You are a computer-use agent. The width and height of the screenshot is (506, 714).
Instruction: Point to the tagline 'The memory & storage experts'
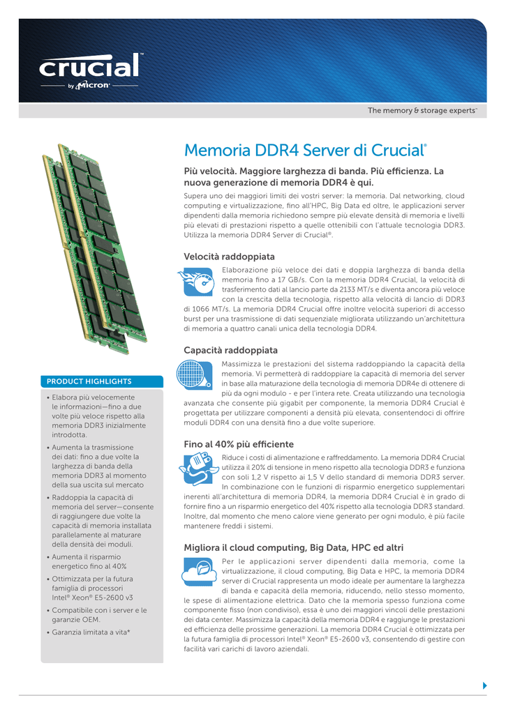coord(422,111)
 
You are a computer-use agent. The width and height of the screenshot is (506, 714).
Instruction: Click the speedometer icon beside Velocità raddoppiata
coord(199,284)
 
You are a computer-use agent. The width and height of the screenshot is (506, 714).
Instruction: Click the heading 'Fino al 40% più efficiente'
coord(239,444)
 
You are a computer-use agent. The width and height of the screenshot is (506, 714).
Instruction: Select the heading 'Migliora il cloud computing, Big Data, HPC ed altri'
coord(293,548)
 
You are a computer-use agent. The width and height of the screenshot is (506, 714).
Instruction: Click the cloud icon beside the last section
coord(198,572)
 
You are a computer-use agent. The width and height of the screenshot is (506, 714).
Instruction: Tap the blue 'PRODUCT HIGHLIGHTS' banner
coord(102,381)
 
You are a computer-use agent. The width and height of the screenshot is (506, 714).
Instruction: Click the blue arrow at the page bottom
coord(484,685)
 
